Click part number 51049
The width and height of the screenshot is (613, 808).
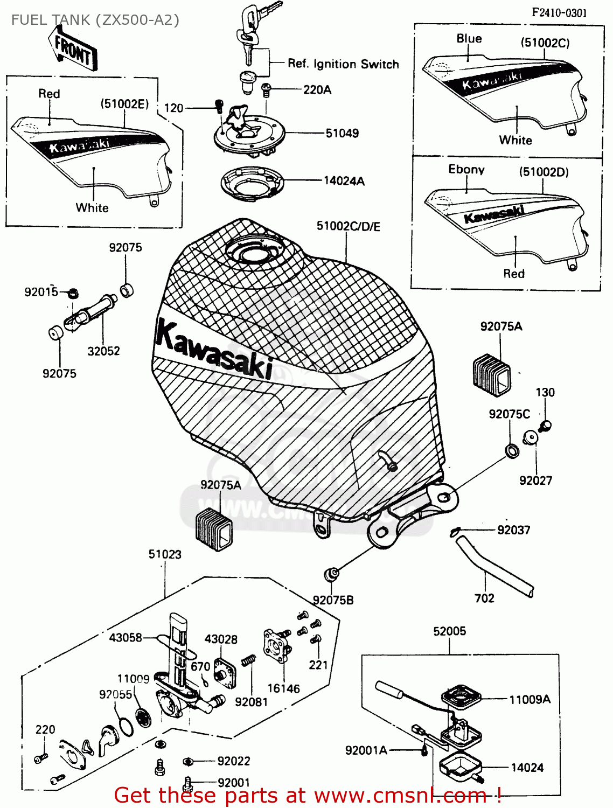pyautogui.click(x=342, y=133)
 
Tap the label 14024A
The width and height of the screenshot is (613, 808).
pyautogui.click(x=344, y=181)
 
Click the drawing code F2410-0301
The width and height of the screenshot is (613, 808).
pyautogui.click(x=559, y=13)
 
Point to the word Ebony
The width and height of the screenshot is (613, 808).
pyautogui.click(x=466, y=169)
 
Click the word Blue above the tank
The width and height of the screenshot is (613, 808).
pyautogui.click(x=469, y=38)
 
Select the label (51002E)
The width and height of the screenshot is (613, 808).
pyautogui.click(x=124, y=104)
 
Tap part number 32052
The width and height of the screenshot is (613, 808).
pyautogui.click(x=103, y=351)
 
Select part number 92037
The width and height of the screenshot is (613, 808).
pyautogui.click(x=513, y=530)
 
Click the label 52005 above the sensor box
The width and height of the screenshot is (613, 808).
pyautogui.click(x=449, y=631)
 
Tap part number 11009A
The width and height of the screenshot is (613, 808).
pyautogui.click(x=530, y=699)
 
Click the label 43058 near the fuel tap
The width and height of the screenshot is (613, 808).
pyautogui.click(x=125, y=638)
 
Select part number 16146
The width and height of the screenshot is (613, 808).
pyautogui.click(x=283, y=688)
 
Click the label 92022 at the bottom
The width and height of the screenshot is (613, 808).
pyautogui.click(x=233, y=761)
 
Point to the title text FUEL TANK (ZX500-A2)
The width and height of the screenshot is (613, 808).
pyautogui.click(x=95, y=20)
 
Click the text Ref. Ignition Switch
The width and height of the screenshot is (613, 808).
pyautogui.click(x=343, y=64)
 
